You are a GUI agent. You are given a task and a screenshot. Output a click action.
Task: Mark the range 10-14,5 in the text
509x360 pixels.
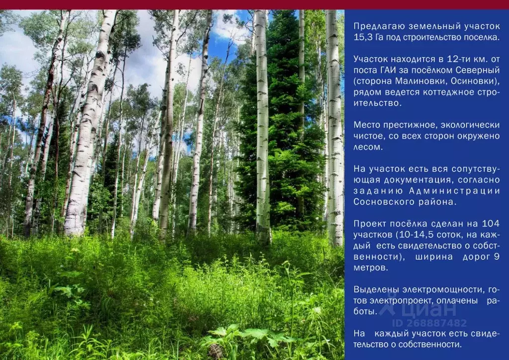coord(416,235)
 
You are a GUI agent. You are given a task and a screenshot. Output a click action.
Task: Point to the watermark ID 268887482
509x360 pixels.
coord(429,323)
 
